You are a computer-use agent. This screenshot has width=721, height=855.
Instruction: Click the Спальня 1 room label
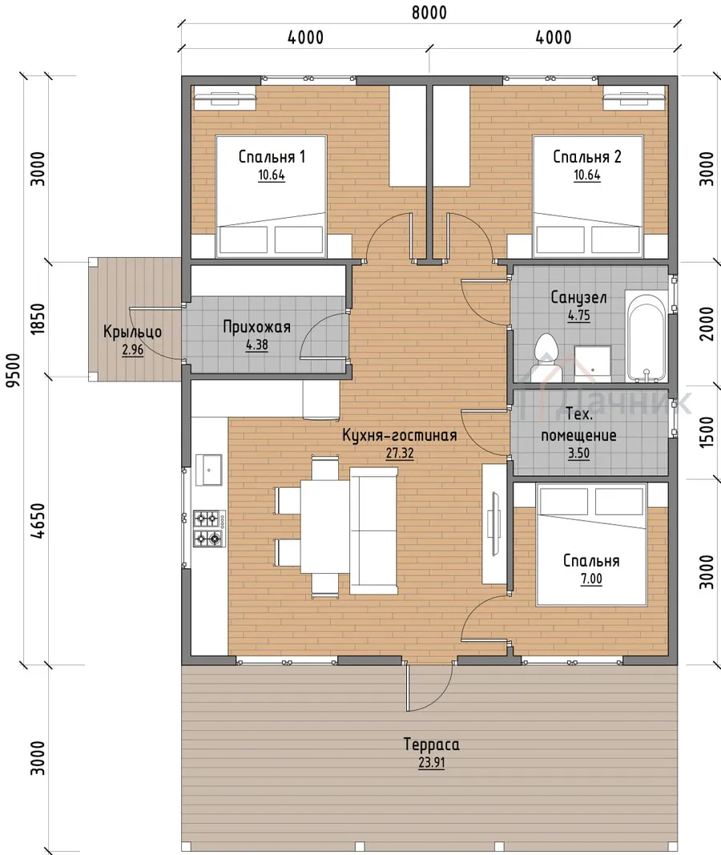(x=272, y=157)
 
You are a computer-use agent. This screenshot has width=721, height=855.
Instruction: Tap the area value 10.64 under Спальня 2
(x=586, y=175)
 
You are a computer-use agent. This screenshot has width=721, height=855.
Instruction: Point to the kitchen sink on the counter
(x=209, y=470)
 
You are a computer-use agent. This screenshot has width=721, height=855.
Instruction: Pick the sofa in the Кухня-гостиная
(x=373, y=530)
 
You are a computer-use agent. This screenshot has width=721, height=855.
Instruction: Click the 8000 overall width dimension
(x=429, y=13)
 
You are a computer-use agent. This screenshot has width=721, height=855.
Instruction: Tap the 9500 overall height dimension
(x=13, y=369)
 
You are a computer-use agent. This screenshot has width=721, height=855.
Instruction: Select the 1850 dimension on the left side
(x=38, y=319)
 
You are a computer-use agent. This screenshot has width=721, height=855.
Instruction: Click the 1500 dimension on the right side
(x=706, y=432)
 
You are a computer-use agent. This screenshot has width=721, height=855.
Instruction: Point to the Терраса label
(x=431, y=744)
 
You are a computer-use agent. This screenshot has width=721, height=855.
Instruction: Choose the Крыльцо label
(x=132, y=332)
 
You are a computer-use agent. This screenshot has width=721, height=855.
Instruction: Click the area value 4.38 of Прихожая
(x=256, y=345)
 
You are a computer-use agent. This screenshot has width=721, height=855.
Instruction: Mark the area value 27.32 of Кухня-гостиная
(x=400, y=453)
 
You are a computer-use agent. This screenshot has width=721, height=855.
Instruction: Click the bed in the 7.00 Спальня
(x=591, y=544)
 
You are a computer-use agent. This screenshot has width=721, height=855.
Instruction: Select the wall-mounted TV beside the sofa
(x=495, y=524)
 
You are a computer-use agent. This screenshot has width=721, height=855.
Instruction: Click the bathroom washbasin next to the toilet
(x=592, y=363)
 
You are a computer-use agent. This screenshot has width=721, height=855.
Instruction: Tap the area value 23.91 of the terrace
(x=431, y=762)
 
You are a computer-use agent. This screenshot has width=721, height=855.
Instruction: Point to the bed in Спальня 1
(x=272, y=196)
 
